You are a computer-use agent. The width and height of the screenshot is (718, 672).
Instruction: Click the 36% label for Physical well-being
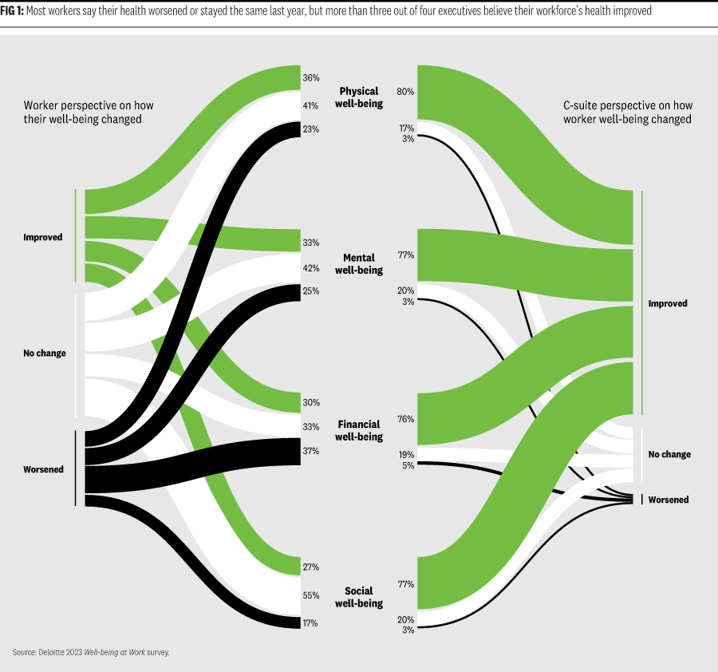click(x=311, y=78)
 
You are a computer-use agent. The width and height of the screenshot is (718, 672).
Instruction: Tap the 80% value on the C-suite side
click(x=405, y=92)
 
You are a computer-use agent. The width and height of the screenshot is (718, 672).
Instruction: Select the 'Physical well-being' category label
click(x=359, y=97)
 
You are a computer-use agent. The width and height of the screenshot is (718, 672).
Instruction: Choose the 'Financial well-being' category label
click(x=359, y=431)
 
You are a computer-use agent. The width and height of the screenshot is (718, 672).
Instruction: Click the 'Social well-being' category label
click(x=359, y=597)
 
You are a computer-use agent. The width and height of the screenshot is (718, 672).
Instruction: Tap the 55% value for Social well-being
click(x=311, y=595)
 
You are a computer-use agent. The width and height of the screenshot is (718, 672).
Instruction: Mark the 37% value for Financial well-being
click(x=311, y=451)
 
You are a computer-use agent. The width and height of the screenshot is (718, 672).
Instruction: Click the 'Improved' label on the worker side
click(x=43, y=237)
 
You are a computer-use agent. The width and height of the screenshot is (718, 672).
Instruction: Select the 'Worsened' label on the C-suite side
click(x=669, y=500)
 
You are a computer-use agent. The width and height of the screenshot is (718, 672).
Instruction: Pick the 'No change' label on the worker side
click(x=45, y=354)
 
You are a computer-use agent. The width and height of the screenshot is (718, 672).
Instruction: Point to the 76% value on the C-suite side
click(x=405, y=419)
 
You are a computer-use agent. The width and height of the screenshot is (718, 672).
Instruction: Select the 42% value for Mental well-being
click(x=311, y=268)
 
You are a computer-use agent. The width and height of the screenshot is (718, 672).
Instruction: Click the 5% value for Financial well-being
click(x=408, y=465)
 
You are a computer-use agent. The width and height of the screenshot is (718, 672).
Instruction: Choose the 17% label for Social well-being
click(x=311, y=623)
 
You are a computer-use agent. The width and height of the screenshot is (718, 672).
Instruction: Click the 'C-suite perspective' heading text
click(x=627, y=105)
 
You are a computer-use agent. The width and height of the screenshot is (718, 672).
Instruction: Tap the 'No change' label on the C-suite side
click(x=669, y=454)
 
